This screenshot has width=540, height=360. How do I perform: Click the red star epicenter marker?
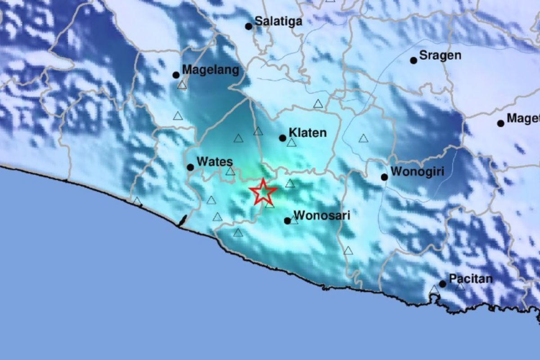[x=263, y=192]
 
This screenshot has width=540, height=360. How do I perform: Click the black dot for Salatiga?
[x=248, y=27]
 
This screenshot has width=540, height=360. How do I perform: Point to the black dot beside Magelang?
[x=176, y=75]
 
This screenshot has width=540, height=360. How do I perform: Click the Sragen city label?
[x=440, y=55]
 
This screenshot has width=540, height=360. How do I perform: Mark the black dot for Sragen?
[x=414, y=60]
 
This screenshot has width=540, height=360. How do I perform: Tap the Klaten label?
[x=307, y=133]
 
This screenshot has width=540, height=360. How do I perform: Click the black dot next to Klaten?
[x=283, y=138]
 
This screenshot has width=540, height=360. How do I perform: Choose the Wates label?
[x=215, y=162]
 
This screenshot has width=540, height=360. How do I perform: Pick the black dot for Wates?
[x=190, y=167]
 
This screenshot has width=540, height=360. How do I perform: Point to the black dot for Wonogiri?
[x=384, y=177]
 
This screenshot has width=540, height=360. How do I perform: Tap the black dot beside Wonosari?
[x=288, y=221]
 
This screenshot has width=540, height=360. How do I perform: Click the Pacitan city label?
[x=470, y=279]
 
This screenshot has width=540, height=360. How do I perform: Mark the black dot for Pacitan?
[x=443, y=284]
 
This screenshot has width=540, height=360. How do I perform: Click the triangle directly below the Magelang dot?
[x=182, y=85]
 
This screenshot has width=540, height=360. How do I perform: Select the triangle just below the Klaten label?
[x=292, y=143]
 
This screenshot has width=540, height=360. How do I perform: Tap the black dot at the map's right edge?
[x=500, y=123]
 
